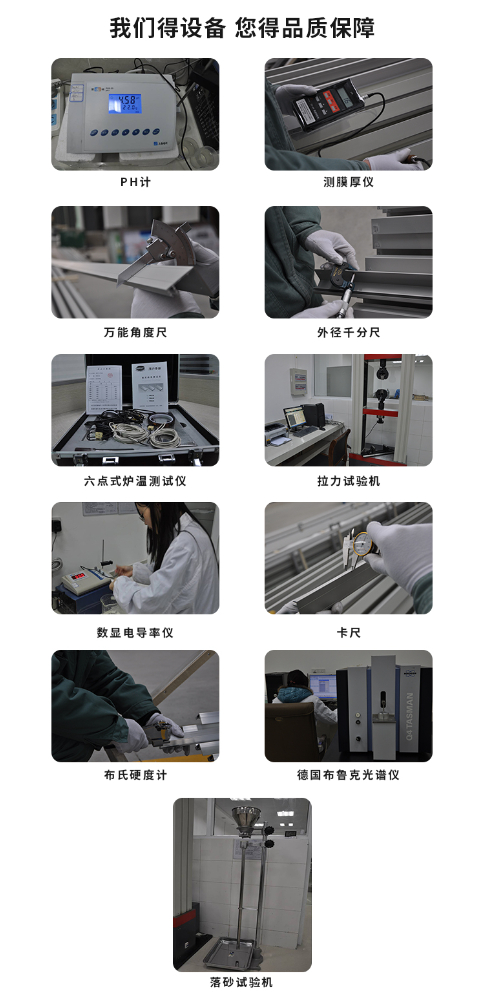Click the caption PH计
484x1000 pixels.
pos(135,183)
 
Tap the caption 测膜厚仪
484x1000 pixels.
pos(348,183)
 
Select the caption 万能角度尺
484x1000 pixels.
pos(135,332)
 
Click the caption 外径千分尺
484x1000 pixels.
pos(348,332)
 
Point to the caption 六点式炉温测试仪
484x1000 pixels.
pos(135,481)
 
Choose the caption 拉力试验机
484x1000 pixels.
pos(348,481)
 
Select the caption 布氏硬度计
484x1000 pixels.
pos(135,775)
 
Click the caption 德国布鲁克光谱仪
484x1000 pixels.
pos(348,775)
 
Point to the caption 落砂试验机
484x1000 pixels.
pos(241,982)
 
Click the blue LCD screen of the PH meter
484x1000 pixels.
pos(128,103)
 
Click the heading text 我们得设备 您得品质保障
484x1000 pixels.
pos(242,28)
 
